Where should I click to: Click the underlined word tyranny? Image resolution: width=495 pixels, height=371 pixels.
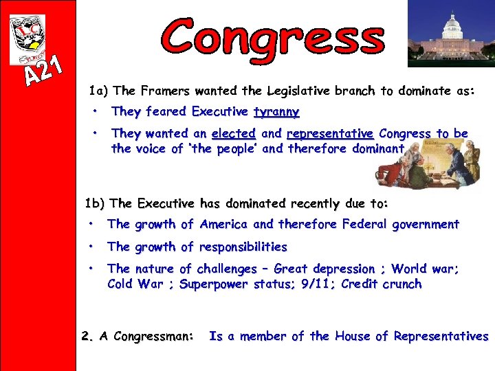pos(276,111)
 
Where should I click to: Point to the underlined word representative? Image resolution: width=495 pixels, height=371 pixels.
pos(330,133)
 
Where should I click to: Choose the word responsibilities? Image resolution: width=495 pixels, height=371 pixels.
pos(243,247)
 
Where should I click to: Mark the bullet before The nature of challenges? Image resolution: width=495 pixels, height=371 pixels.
pos(90,269)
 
